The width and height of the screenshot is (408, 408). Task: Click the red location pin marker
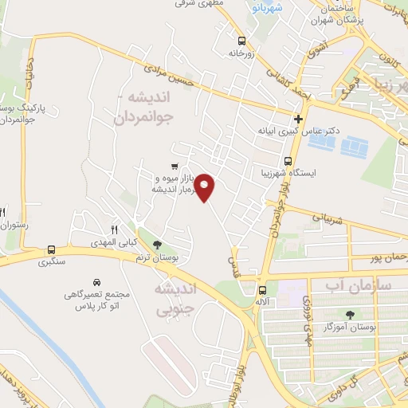(206, 187)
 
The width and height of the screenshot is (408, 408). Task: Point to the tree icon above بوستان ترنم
(156, 243)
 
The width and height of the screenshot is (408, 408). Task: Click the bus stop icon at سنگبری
(52, 249)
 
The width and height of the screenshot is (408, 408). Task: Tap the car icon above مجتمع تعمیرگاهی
(96, 283)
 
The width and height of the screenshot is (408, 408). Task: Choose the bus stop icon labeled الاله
(263, 289)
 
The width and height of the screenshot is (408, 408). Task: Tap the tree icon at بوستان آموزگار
(349, 315)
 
